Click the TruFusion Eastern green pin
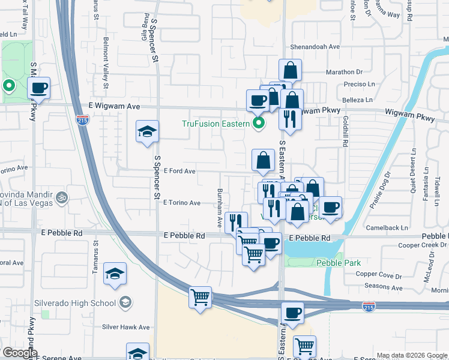(x=259, y=124)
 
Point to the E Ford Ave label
(x=179, y=171)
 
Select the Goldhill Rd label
(x=346, y=137)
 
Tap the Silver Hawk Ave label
(x=125, y=327)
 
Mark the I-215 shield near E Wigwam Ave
(x=83, y=120)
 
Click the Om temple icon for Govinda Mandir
(x=61, y=196)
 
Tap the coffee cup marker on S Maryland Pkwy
(x=39, y=88)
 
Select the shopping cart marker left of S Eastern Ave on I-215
(x=200, y=297)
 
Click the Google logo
(x=19, y=353)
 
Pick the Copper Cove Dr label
(x=378, y=275)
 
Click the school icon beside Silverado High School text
(x=125, y=302)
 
